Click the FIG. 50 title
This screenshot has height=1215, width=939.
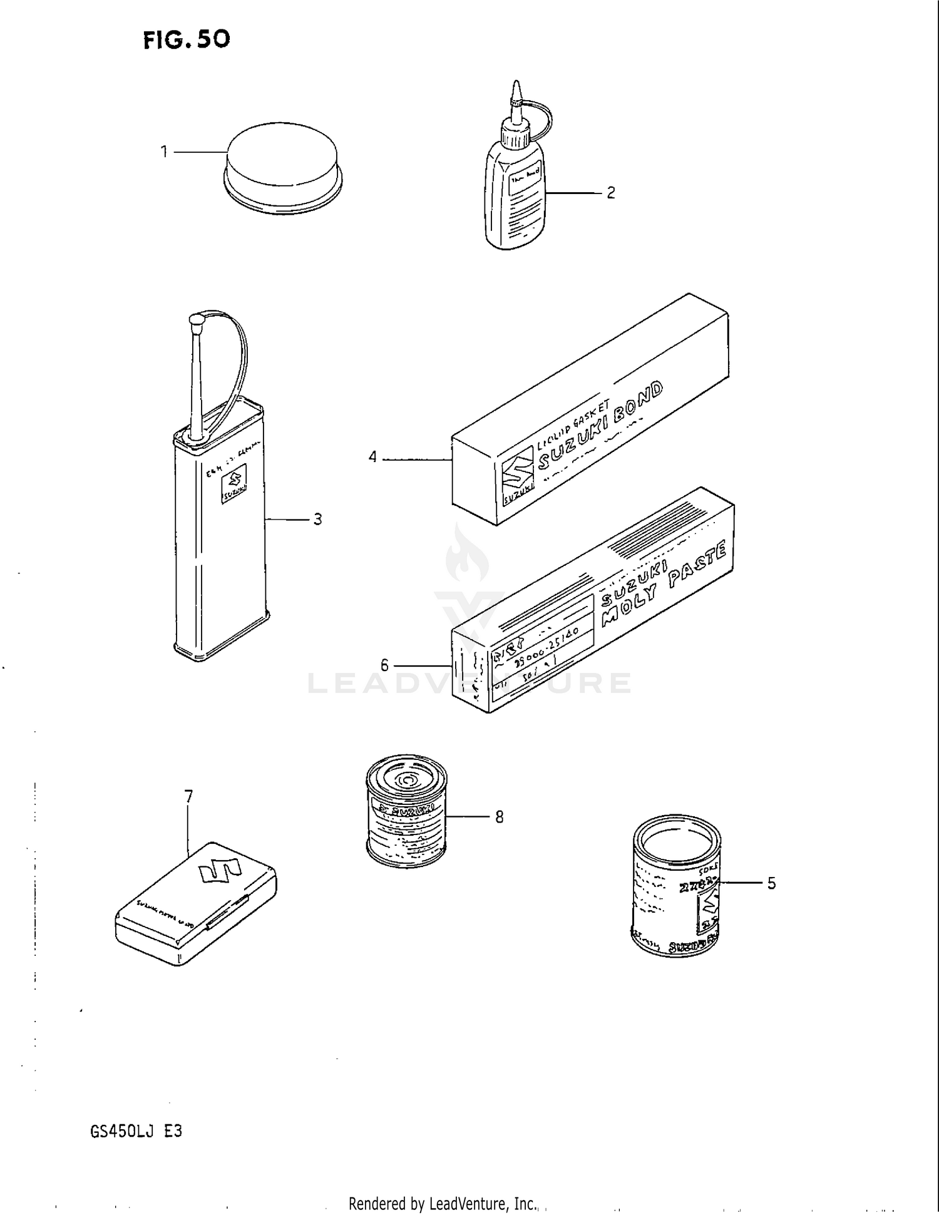pyautogui.click(x=187, y=40)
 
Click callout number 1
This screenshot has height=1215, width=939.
pyautogui.click(x=164, y=152)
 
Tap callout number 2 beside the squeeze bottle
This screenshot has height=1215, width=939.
pyautogui.click(x=610, y=193)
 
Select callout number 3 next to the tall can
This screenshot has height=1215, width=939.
pyautogui.click(x=317, y=520)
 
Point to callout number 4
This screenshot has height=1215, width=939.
pyautogui.click(x=373, y=458)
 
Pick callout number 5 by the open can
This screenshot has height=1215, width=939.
pyautogui.click(x=771, y=883)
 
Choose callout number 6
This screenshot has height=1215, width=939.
pyautogui.click(x=384, y=665)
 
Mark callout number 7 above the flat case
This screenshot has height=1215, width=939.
pyautogui.click(x=188, y=797)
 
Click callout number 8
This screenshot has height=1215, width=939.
pyautogui.click(x=499, y=817)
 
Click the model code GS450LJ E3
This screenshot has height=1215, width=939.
pyautogui.click(x=136, y=1132)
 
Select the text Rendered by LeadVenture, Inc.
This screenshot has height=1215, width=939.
pyautogui.click(x=443, y=1203)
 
